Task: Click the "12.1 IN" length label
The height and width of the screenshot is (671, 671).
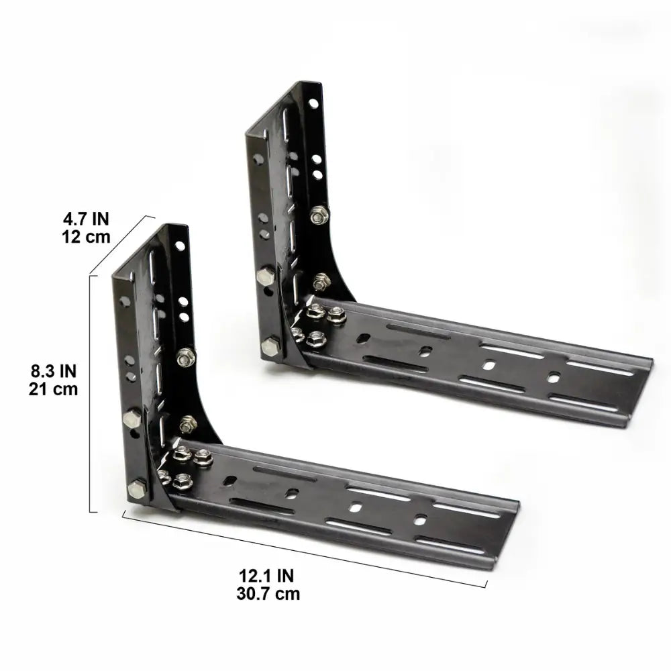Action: (267, 575)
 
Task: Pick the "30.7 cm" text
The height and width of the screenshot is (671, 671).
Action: (267, 593)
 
